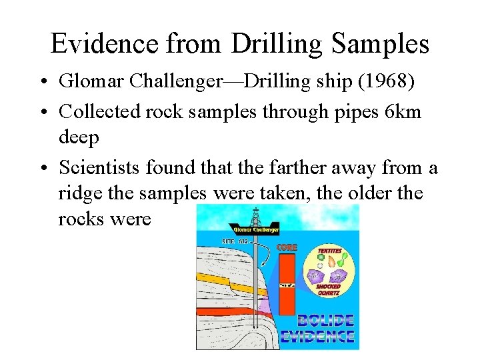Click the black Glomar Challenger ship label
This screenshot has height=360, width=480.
tap(254, 230)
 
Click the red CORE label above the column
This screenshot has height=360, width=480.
tap(287, 247)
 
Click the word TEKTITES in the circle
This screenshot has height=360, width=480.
tap(329, 251)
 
